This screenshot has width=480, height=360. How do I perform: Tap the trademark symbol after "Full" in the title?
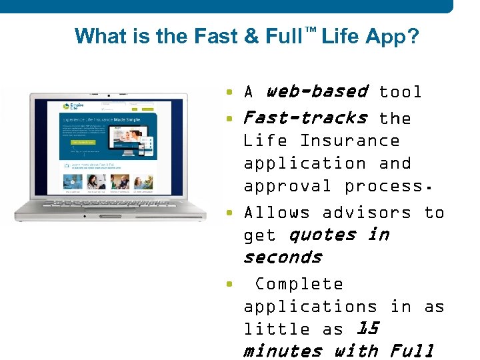309,30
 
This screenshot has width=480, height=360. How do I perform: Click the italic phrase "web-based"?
317,91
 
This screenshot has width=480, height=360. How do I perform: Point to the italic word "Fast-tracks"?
305,118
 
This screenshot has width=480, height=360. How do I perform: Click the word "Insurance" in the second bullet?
349,141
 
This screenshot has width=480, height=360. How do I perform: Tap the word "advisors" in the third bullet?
367,213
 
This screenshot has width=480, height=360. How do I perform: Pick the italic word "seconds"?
283,257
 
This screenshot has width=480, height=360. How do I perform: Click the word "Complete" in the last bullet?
299,284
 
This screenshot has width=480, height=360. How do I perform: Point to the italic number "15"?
368,329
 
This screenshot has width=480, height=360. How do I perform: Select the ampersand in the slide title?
251,36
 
